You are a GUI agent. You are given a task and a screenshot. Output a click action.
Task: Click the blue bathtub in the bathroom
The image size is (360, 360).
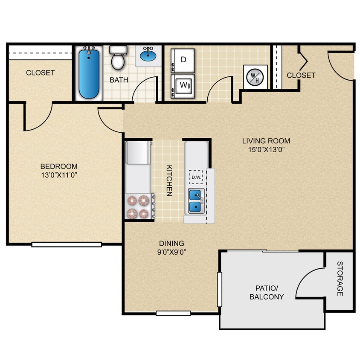click(x=89, y=74)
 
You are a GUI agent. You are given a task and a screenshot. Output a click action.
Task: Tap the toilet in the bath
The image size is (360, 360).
click(x=118, y=58)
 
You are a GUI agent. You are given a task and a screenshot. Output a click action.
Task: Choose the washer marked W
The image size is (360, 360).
click(x=183, y=84)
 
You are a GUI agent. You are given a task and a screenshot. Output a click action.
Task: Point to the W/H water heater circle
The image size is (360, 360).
click(x=255, y=77)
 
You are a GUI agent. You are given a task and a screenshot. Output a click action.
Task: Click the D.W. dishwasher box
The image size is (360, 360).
click(x=196, y=177)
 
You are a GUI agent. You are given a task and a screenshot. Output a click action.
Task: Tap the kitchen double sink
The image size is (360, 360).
click(x=196, y=201)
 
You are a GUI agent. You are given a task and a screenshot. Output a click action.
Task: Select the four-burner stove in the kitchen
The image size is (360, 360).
click(x=138, y=207)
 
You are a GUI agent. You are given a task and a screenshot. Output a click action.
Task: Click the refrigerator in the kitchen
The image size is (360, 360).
click(x=138, y=153)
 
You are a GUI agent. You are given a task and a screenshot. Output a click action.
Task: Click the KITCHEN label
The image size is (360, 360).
click(x=169, y=180)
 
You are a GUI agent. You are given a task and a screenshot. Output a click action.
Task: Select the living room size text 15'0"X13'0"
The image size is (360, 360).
click(x=266, y=149)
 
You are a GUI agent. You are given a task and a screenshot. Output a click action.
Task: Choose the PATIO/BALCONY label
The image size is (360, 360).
click(x=267, y=292)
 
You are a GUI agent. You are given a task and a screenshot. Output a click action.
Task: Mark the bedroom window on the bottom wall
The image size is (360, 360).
click(x=67, y=244)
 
